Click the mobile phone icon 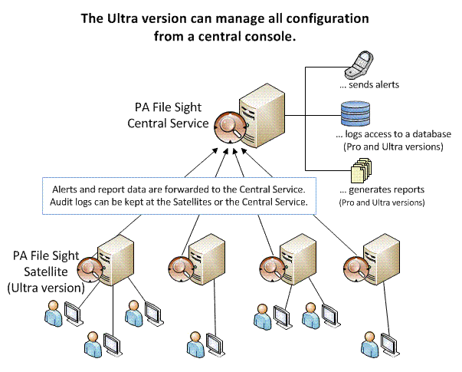tap(359, 64)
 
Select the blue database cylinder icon tap(356, 114)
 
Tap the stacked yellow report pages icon tap(361, 170)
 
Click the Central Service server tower tap(262, 115)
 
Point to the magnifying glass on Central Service tap(230, 127)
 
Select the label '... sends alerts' tap(369, 85)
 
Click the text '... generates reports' tap(382, 189)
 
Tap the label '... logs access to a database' tap(393, 134)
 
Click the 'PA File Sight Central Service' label tap(168, 115)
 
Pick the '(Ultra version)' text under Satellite tap(46, 288)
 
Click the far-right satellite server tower tap(382, 259)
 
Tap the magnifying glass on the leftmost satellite tap(90, 270)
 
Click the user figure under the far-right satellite tap(369, 344)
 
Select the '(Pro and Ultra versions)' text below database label tap(393, 147)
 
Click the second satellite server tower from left tap(207, 259)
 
